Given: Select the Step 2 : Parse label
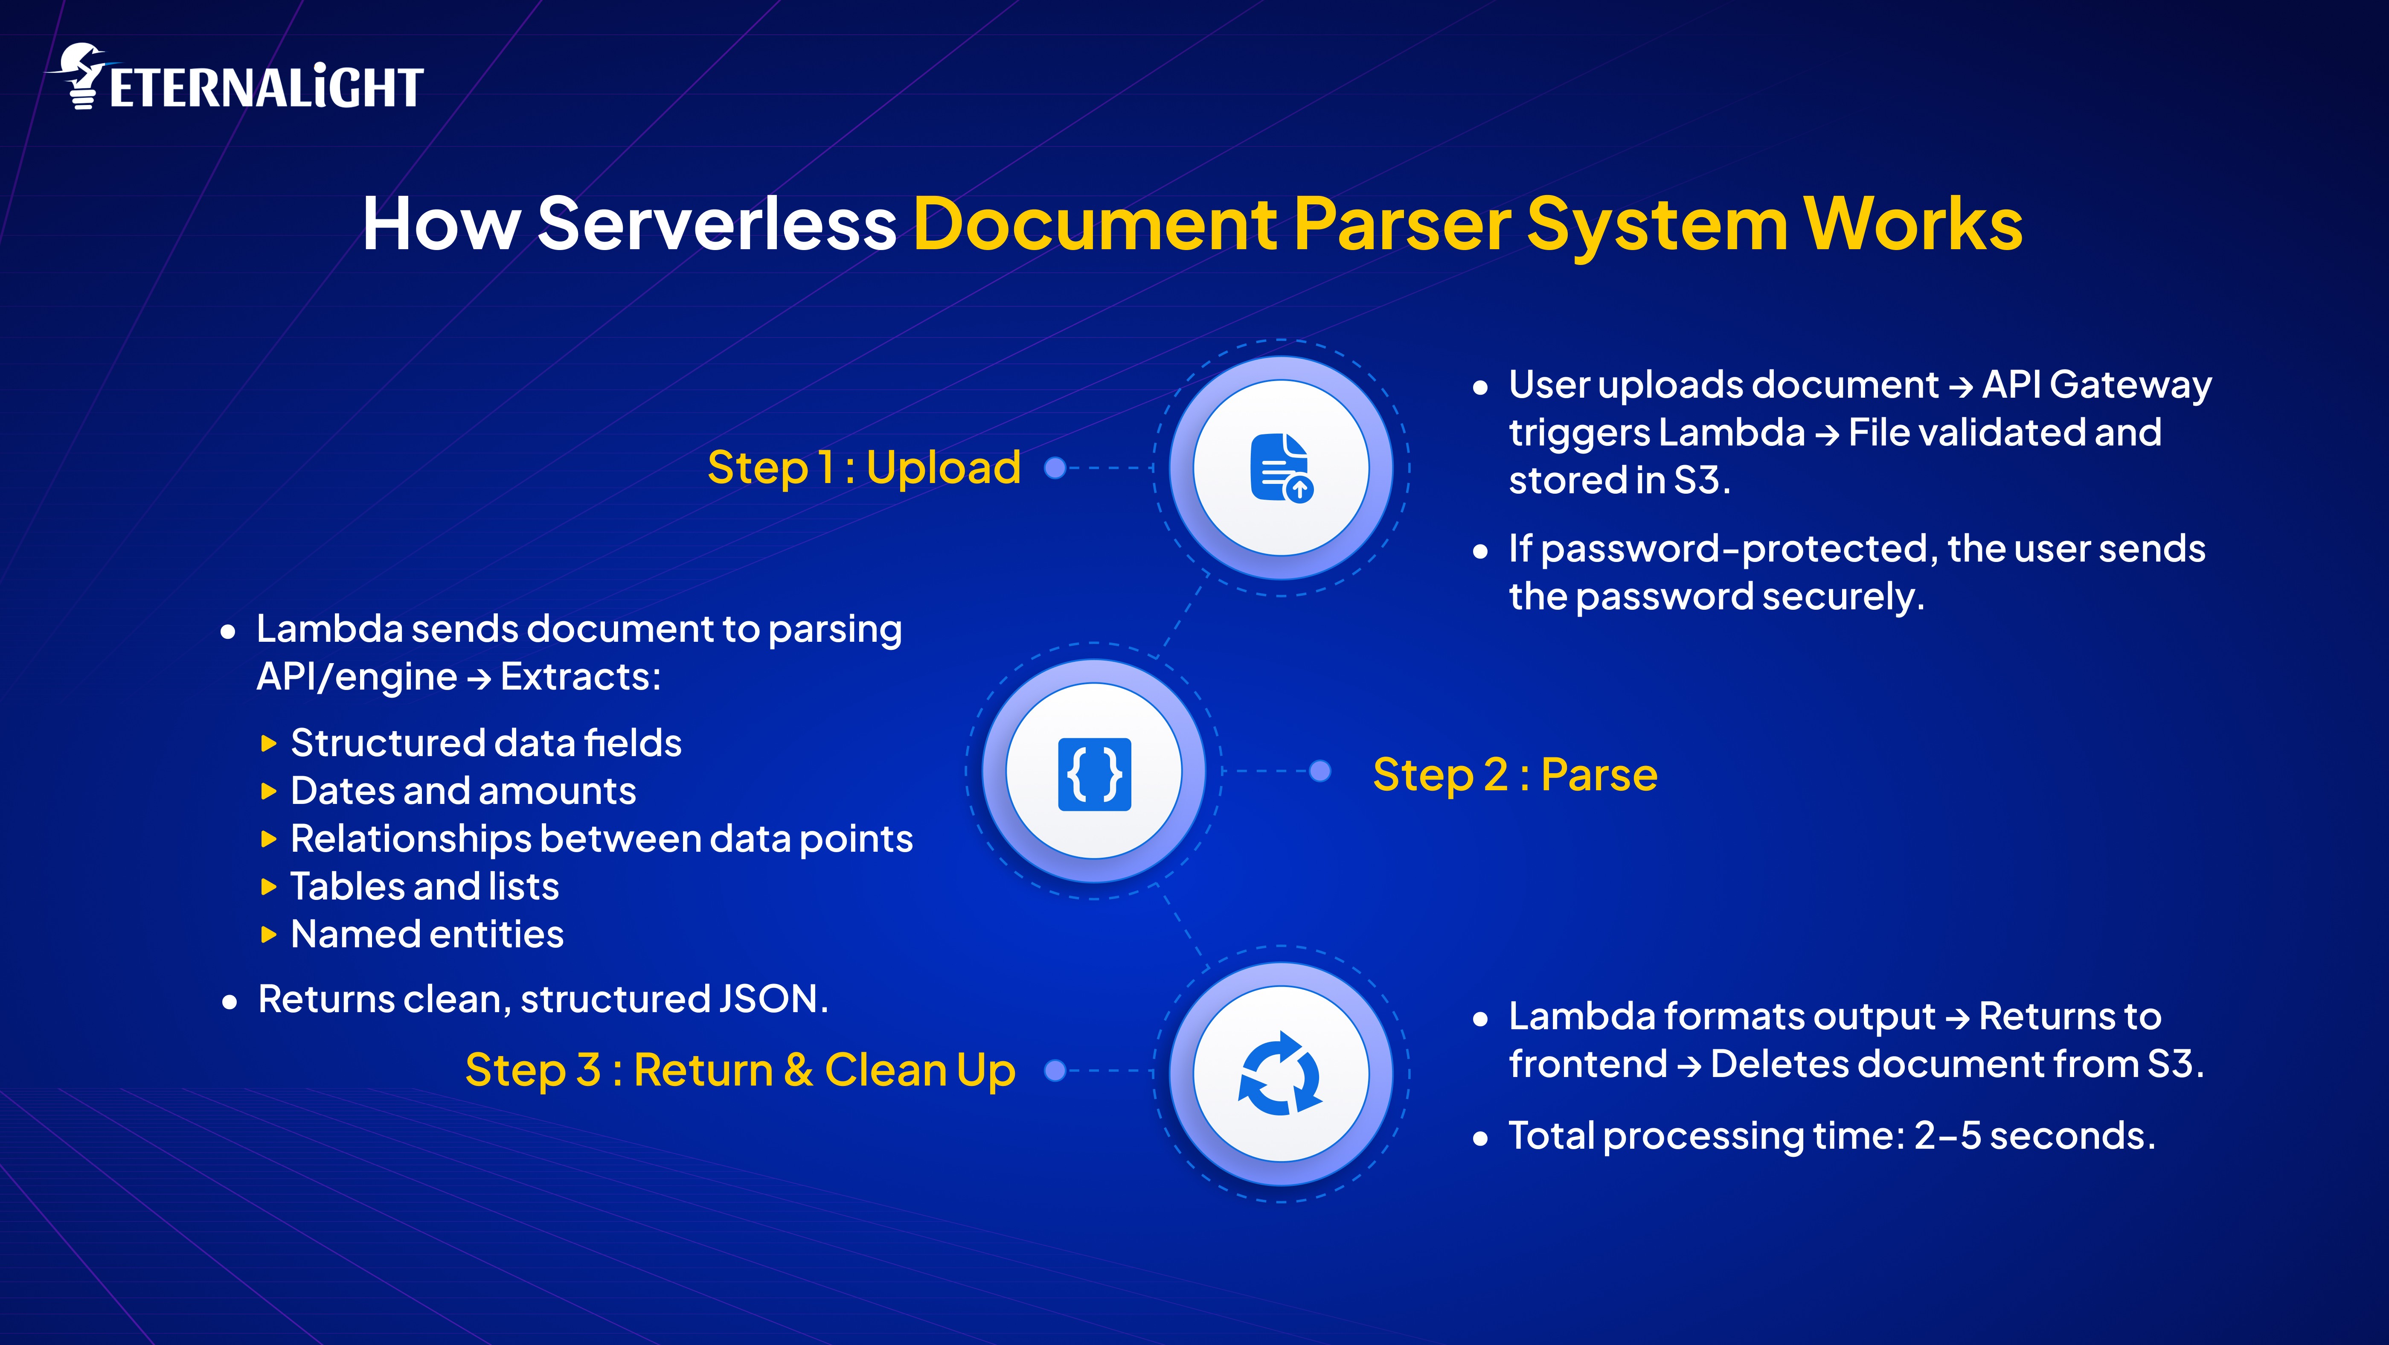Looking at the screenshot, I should [x=1514, y=774].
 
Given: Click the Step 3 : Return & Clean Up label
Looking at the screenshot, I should [x=740, y=1071].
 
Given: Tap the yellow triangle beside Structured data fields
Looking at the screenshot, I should [x=269, y=743].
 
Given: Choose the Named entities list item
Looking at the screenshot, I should [x=427, y=934].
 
